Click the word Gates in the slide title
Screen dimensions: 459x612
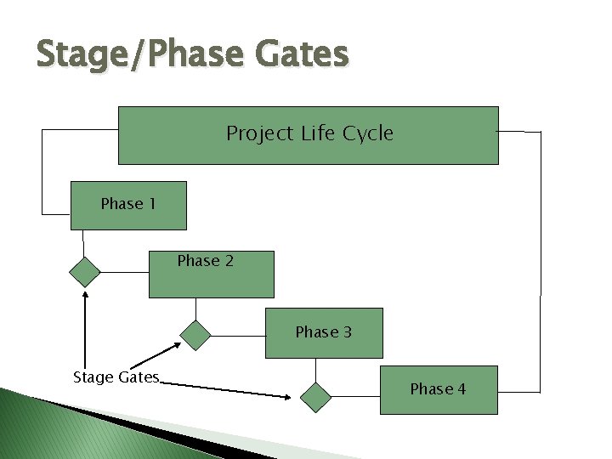click(298, 54)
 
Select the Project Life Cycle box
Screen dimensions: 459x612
click(308, 134)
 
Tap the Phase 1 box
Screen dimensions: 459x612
click(127, 206)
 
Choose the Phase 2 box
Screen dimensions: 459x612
click(212, 274)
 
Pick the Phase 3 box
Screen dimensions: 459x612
click(324, 332)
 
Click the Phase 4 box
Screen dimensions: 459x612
click(439, 389)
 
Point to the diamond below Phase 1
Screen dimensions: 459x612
click(84, 272)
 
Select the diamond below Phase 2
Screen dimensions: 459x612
click(196, 335)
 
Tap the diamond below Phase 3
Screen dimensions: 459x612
click(316, 397)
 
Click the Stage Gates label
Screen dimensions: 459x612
click(116, 377)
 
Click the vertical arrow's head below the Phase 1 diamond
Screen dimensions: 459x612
click(84, 294)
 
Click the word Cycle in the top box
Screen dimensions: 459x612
click(368, 133)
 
